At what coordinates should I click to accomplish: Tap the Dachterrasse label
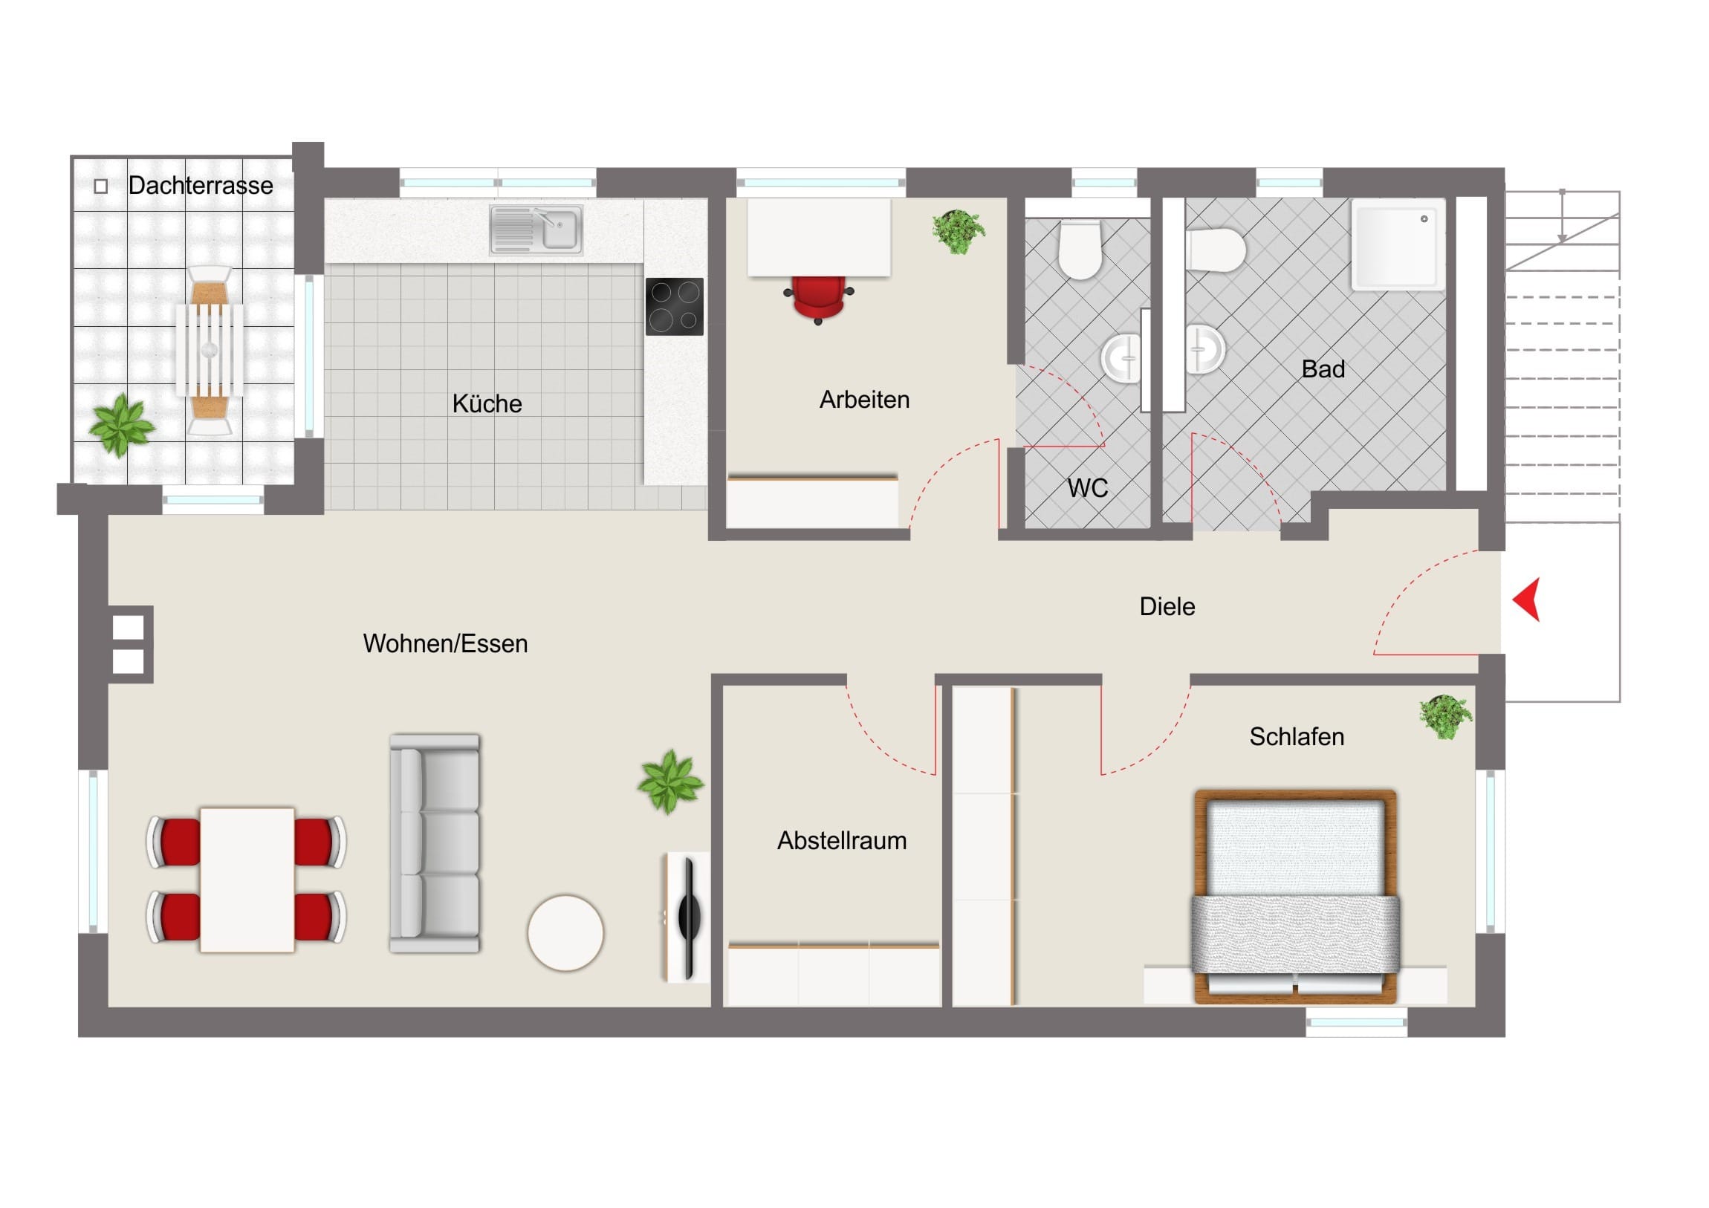(200, 185)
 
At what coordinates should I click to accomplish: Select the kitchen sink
(536, 230)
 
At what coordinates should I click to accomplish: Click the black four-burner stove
(675, 306)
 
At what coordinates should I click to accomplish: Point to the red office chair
(818, 299)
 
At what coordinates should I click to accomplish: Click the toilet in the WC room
(1080, 249)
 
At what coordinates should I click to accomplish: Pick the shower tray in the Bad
(1397, 245)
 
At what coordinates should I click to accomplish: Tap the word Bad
(1323, 369)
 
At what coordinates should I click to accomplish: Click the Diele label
(1167, 607)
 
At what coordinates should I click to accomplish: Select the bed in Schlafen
(1295, 896)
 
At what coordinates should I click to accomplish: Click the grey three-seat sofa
(435, 843)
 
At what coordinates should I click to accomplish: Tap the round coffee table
(565, 932)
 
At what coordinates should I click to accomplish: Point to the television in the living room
(688, 918)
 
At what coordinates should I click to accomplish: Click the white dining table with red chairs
(247, 880)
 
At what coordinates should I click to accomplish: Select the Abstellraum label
(842, 840)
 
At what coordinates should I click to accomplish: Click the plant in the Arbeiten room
(958, 231)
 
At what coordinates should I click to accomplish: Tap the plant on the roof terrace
(121, 425)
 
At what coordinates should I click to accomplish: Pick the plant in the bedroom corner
(1444, 717)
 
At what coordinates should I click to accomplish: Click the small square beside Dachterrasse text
(101, 186)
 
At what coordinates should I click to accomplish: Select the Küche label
(487, 403)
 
